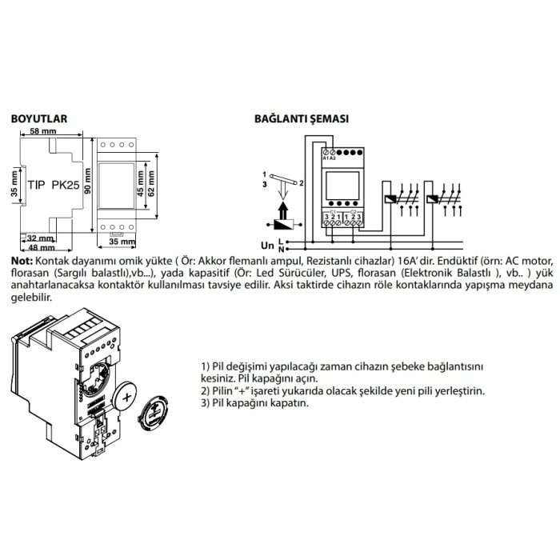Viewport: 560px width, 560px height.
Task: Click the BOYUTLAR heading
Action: pyautogui.click(x=38, y=118)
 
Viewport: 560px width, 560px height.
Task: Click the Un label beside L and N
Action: pyautogui.click(x=266, y=246)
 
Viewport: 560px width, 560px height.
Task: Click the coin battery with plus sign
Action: pyautogui.click(x=130, y=395)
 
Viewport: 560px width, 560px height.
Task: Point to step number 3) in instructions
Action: pyautogui.click(x=206, y=403)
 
